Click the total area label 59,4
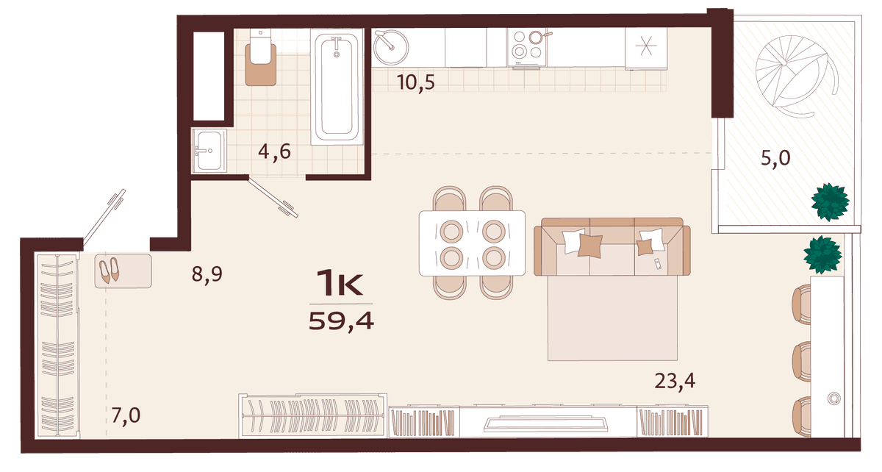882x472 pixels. point(341,321)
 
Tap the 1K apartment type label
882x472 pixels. point(340,282)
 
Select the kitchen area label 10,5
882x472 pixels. point(416,83)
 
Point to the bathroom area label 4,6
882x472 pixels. point(274,151)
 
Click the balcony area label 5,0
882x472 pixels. point(775,158)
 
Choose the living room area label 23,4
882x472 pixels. point(675,382)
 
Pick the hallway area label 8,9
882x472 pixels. point(207,273)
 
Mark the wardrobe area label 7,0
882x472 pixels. point(126,415)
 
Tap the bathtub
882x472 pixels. point(337,87)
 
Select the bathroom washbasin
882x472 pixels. point(209,151)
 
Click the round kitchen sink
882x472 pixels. point(390,47)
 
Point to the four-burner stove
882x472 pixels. point(527,47)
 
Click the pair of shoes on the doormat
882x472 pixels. point(109,271)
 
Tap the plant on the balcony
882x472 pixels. point(830,201)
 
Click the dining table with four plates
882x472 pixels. point(472,243)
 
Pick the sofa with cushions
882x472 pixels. point(612,246)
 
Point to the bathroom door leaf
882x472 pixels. point(273,197)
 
